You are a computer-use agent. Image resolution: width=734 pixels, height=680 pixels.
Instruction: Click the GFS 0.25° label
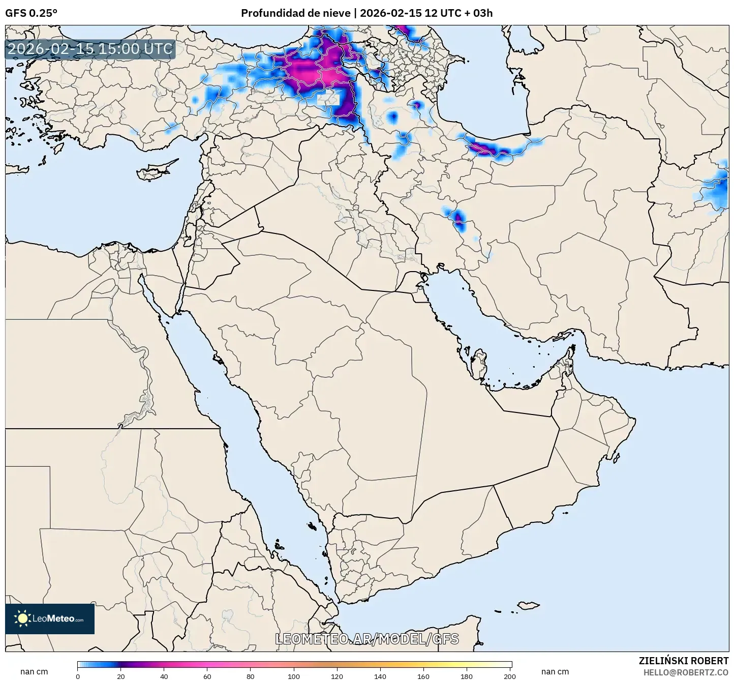click(31, 13)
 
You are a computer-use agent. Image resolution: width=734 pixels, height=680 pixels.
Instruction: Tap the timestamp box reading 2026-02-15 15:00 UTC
click(90, 49)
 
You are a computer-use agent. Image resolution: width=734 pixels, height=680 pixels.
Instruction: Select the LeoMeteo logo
click(50, 618)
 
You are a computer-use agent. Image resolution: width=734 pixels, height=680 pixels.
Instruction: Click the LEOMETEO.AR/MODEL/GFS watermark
click(366, 639)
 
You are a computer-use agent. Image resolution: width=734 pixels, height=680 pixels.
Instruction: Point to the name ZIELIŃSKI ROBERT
click(683, 661)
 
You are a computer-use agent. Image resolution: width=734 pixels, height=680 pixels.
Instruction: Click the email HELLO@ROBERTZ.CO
click(686, 672)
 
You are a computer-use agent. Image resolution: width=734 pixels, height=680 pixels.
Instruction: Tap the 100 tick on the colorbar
click(294, 676)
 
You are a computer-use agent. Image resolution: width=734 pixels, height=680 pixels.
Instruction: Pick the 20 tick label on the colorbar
click(120, 676)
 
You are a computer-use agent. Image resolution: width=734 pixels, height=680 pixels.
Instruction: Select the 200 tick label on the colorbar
click(510, 676)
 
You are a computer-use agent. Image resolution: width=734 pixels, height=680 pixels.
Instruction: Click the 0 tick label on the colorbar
click(78, 676)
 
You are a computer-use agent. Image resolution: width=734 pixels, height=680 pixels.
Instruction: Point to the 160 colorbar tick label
click(423, 676)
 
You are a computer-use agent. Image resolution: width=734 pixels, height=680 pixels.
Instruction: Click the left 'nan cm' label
click(34, 672)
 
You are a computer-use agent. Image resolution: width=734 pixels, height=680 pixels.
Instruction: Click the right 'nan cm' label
click(555, 672)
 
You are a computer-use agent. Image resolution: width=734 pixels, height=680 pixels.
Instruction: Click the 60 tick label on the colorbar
click(207, 676)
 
